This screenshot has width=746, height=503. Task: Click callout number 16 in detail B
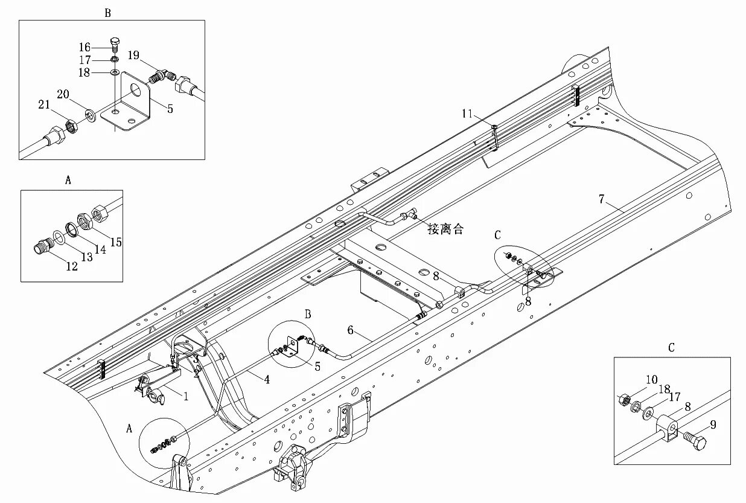(84, 47)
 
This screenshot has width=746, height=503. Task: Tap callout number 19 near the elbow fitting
(133, 56)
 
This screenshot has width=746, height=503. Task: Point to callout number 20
(63, 94)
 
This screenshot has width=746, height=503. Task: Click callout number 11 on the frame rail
(468, 114)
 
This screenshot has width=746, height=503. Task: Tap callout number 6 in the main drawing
(349, 330)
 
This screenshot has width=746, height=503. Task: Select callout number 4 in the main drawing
(266, 379)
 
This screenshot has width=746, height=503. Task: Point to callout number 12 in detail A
(72, 266)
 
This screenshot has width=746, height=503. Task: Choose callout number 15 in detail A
(116, 242)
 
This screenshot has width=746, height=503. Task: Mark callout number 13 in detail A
(86, 257)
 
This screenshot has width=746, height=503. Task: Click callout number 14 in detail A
(100, 249)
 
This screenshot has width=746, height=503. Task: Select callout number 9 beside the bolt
(713, 425)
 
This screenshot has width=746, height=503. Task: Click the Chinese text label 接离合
(445, 229)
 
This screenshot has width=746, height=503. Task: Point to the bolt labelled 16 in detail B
(115, 43)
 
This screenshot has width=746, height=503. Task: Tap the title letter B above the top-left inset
(107, 13)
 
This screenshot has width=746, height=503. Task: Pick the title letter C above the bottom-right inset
(671, 348)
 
